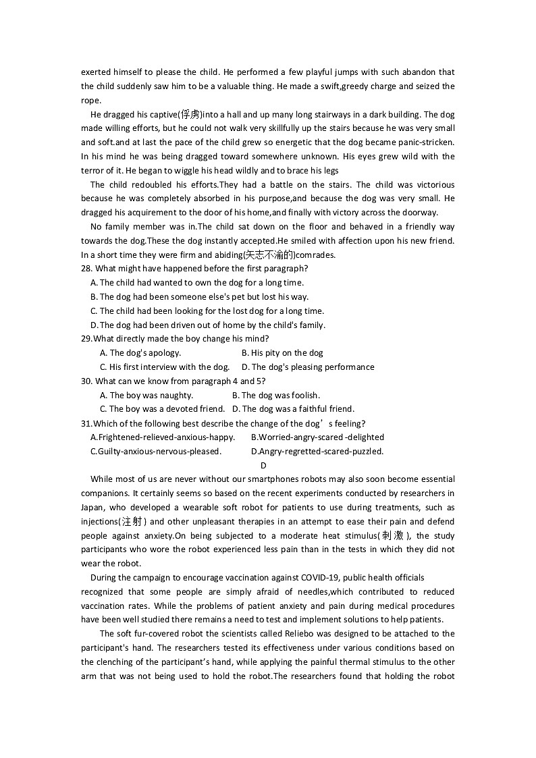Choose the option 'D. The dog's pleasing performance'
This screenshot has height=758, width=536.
(308, 367)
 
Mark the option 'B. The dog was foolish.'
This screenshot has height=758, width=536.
(276, 396)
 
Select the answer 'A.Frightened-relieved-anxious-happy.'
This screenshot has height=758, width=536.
(162, 437)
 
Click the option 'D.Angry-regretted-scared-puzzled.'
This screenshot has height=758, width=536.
(317, 452)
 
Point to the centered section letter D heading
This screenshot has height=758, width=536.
(263, 465)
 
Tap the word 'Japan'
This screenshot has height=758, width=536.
(93, 508)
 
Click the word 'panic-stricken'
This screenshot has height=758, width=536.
(427, 142)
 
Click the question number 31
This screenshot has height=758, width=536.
(86, 423)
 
